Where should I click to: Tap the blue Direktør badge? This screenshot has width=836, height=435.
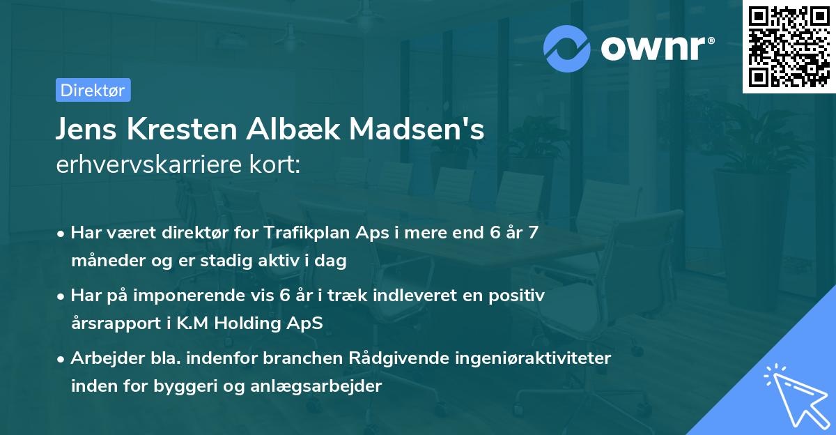93,90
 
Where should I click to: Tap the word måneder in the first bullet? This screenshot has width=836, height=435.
103,261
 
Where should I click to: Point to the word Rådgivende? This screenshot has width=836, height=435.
387,358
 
